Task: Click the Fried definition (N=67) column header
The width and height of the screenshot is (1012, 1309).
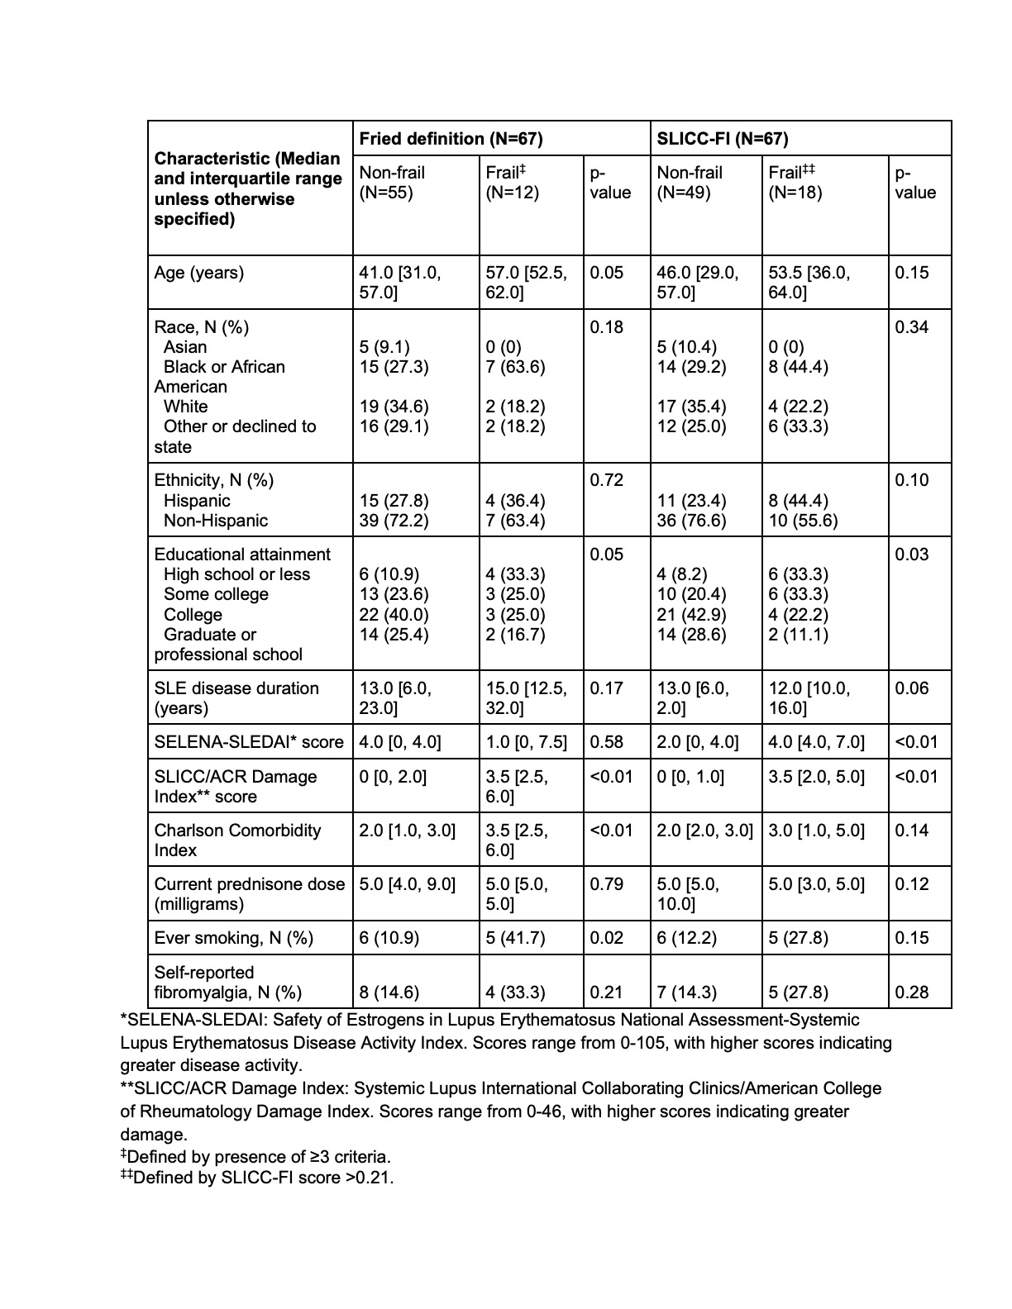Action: tap(451, 139)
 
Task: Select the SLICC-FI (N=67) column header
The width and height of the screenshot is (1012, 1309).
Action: tap(722, 139)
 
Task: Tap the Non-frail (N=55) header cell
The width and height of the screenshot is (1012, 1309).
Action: tap(392, 183)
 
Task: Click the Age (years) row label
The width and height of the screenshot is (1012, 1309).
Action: tap(199, 273)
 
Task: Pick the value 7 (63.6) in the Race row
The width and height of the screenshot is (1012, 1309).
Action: tap(515, 367)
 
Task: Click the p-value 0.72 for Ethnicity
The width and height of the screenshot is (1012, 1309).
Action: tap(607, 480)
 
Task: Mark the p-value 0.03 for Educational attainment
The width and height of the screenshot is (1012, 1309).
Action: tap(912, 555)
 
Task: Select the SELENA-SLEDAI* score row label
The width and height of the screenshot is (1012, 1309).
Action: tap(248, 742)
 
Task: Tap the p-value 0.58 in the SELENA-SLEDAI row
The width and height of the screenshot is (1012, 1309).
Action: tap(607, 742)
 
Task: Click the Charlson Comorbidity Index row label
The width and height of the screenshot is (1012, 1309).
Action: tap(237, 840)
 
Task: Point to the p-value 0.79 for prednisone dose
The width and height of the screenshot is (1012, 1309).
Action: tap(607, 884)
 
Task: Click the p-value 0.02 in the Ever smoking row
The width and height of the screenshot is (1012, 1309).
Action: tap(607, 938)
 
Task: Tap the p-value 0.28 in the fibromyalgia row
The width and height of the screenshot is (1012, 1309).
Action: tap(912, 992)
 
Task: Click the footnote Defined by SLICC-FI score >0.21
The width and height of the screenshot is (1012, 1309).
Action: tap(257, 1178)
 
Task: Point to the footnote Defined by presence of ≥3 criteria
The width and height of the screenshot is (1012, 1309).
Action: tap(255, 1157)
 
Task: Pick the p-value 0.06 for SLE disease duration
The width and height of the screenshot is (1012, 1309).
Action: tap(912, 688)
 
